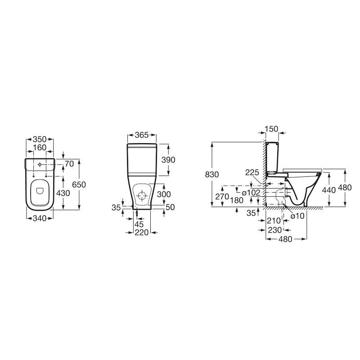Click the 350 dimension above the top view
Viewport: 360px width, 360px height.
[x=40, y=139]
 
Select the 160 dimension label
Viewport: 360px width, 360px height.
[x=40, y=148]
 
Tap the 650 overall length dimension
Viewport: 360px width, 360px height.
[x=79, y=184]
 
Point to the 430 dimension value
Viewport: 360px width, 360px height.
[x=63, y=193]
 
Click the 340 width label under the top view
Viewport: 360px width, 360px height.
[x=40, y=218]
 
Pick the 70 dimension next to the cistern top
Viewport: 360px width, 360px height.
[x=69, y=164]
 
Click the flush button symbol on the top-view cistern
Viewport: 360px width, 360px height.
[x=40, y=165]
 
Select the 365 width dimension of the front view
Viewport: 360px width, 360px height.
[x=142, y=135]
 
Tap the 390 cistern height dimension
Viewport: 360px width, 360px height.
[x=168, y=160]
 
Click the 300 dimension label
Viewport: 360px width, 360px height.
[x=164, y=194]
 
